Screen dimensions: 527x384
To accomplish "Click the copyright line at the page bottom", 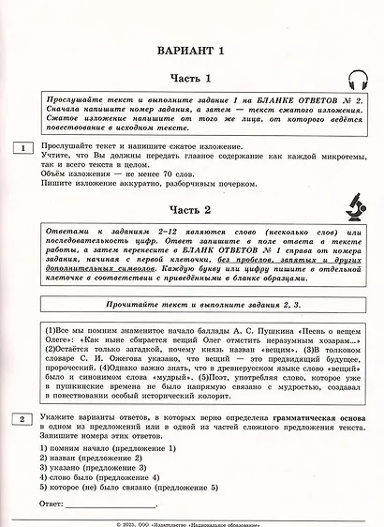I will pos(192,521).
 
